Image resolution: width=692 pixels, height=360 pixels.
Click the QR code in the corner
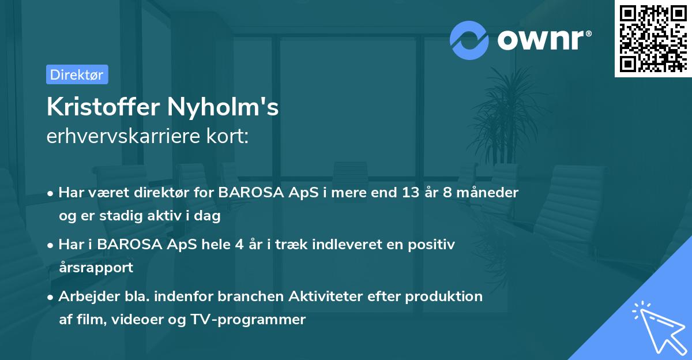[652, 39]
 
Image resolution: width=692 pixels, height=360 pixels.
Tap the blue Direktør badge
[77, 74]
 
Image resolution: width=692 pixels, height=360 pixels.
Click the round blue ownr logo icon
[469, 40]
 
